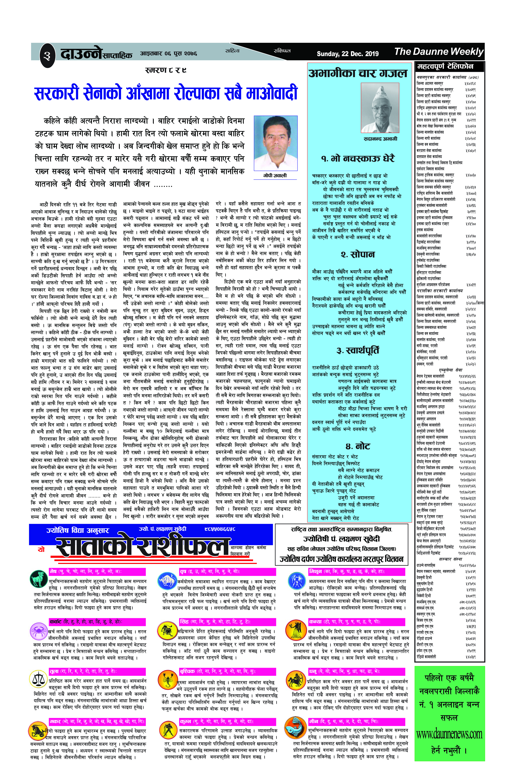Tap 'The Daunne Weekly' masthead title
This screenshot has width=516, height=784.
pyautogui.click(x=439, y=52)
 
